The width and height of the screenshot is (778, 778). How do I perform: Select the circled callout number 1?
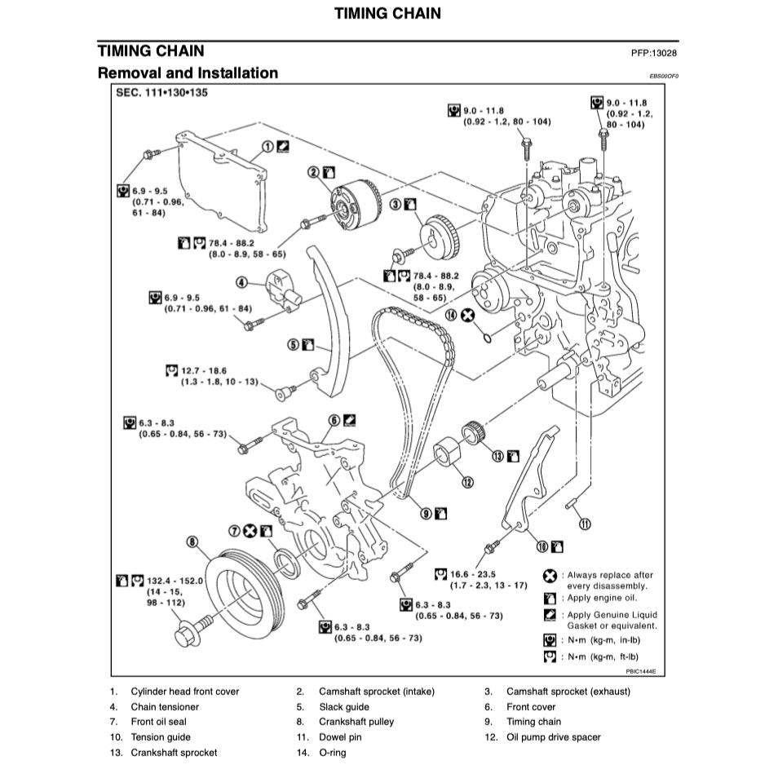(267, 148)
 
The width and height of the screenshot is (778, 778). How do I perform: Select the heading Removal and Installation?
(188, 73)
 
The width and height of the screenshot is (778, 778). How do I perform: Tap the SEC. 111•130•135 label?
(162, 94)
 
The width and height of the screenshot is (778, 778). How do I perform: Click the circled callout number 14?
(451, 315)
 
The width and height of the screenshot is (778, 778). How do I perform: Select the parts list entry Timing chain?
(533, 722)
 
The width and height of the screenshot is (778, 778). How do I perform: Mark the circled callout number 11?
(584, 524)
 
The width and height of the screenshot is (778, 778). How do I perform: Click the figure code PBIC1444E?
(641, 672)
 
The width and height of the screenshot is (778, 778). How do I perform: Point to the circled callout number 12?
(467, 482)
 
